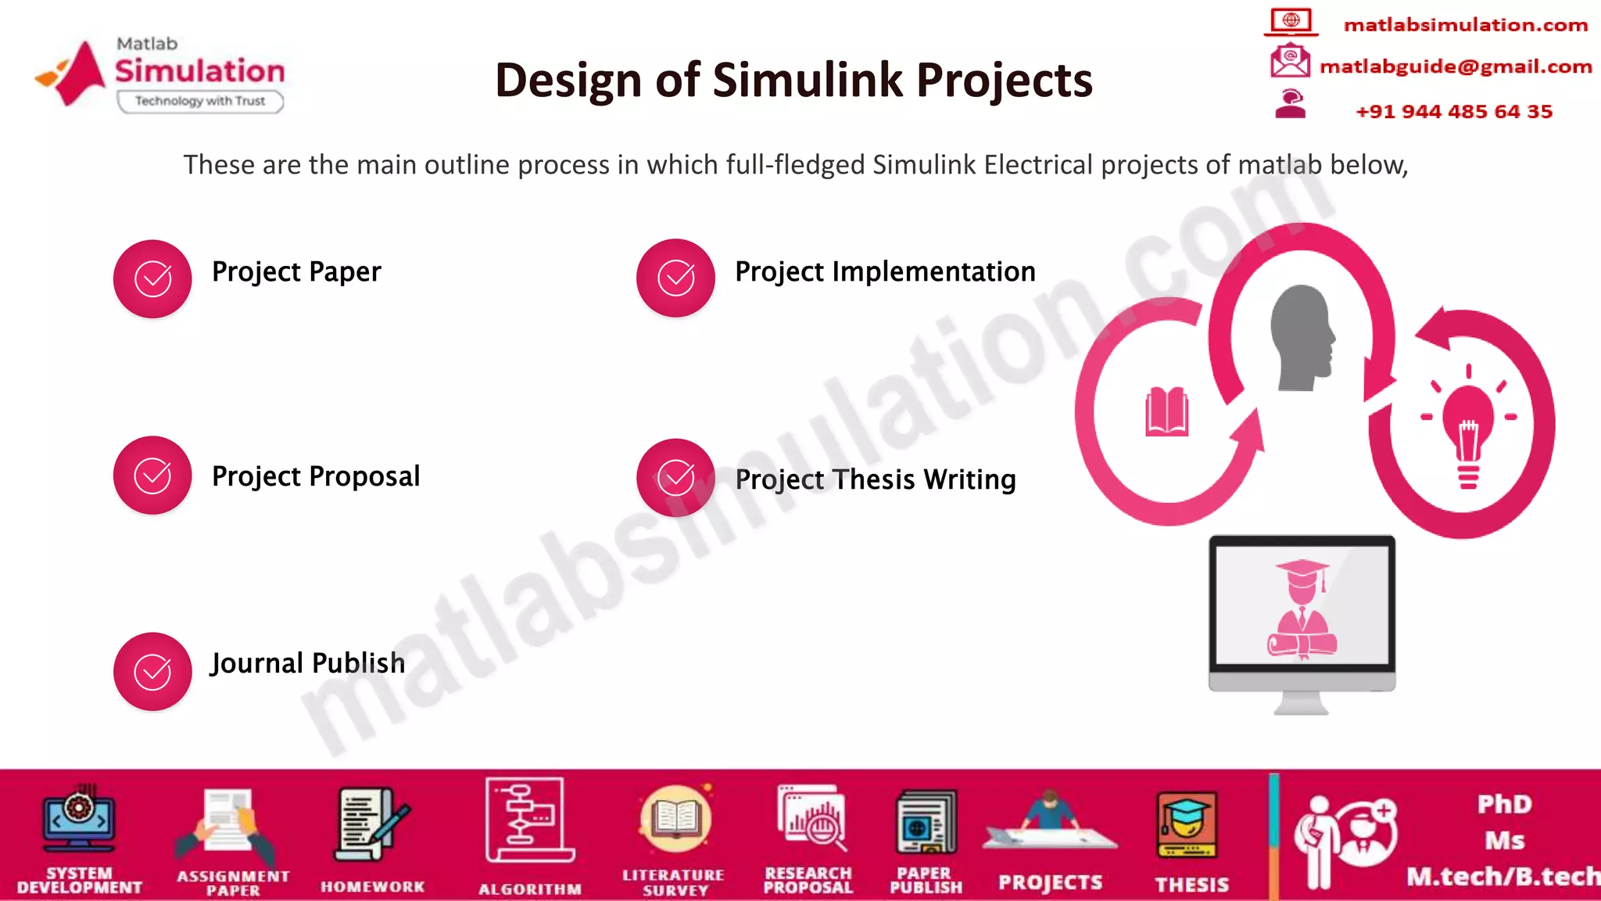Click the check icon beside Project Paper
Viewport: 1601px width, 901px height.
pyautogui.click(x=152, y=279)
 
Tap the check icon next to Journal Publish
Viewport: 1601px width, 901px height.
pyautogui.click(x=152, y=672)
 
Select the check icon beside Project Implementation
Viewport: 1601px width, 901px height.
pyautogui.click(x=675, y=278)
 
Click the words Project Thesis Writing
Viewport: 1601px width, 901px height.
pyautogui.click(x=875, y=479)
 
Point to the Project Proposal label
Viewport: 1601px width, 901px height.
pyautogui.click(x=316, y=476)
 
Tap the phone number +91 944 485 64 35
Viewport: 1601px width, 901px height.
pyautogui.click(x=1453, y=112)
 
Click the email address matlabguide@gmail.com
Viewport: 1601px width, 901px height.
pyautogui.click(x=1455, y=66)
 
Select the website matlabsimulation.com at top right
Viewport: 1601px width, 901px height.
pyautogui.click(x=1465, y=25)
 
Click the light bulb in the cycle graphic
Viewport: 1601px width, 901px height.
pyautogui.click(x=1468, y=427)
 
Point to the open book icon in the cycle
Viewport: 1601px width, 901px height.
pyautogui.click(x=1166, y=411)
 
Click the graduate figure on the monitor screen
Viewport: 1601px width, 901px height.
pyautogui.click(x=1302, y=610)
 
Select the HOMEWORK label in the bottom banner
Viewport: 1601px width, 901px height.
pyautogui.click(x=372, y=887)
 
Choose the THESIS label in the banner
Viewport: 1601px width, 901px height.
pyautogui.click(x=1191, y=885)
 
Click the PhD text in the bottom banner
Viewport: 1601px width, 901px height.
pyautogui.click(x=1504, y=805)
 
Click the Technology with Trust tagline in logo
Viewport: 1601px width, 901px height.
pyautogui.click(x=200, y=101)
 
